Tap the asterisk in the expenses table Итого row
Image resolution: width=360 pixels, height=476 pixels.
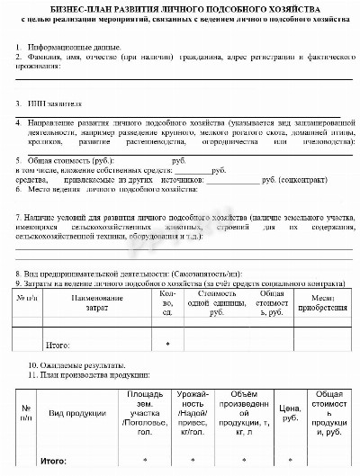tap(167, 344)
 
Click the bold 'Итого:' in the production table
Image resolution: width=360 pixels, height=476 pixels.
tap(56, 461)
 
